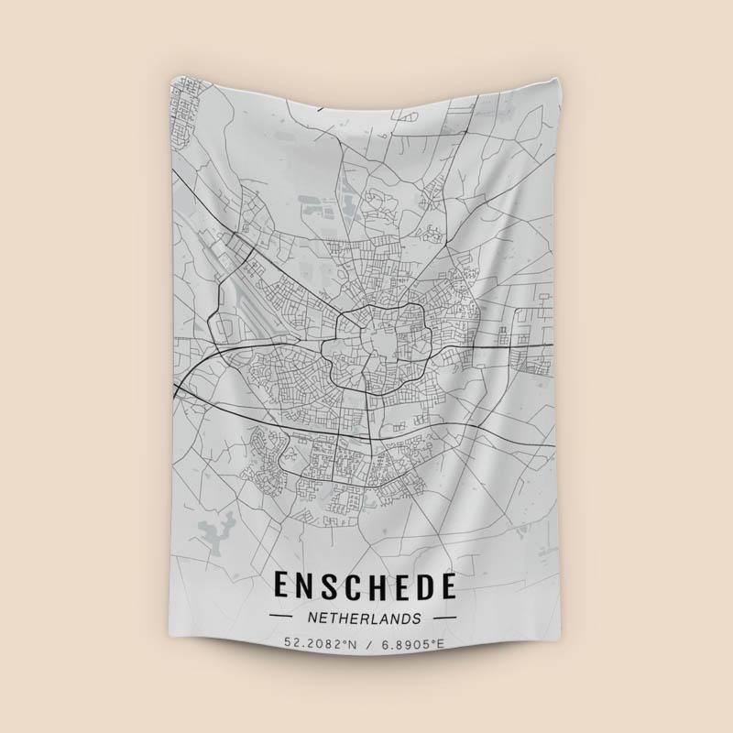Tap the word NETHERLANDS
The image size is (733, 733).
(x=364, y=618)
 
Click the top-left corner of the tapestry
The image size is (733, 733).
(x=171, y=74)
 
